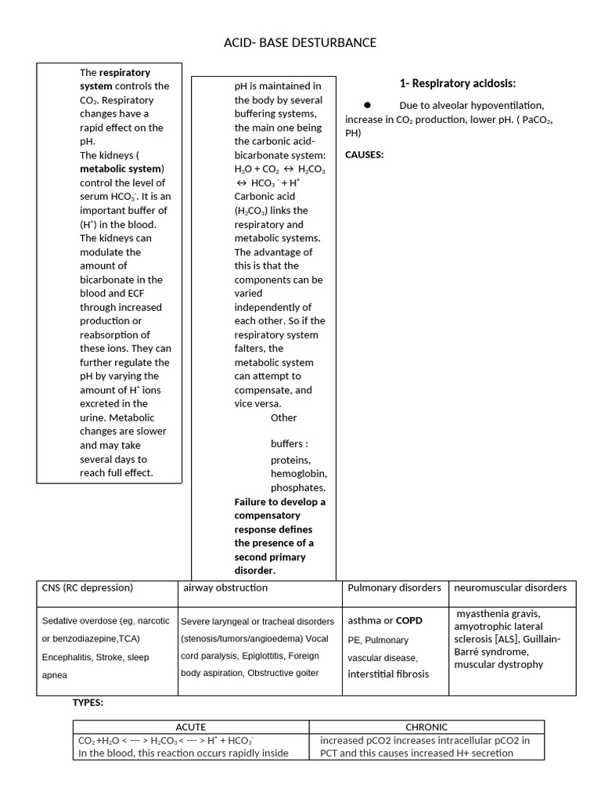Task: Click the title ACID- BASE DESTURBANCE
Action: [300, 42]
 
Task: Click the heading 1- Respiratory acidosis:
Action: [457, 84]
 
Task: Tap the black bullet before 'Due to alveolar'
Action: [367, 105]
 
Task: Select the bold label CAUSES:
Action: [364, 154]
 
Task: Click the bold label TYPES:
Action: [88, 703]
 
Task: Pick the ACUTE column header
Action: [191, 727]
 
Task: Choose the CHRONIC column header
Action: [426, 727]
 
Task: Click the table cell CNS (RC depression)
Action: [87, 587]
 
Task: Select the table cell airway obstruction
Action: [225, 587]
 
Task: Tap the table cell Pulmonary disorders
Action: [394, 587]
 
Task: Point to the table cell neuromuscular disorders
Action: [510, 587]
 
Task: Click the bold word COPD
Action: [408, 621]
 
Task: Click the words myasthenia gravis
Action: [497, 613]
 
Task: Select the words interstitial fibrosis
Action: [388, 674]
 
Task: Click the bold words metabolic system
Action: [121, 169]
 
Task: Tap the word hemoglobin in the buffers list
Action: [299, 474]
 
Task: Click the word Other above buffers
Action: [284, 417]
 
